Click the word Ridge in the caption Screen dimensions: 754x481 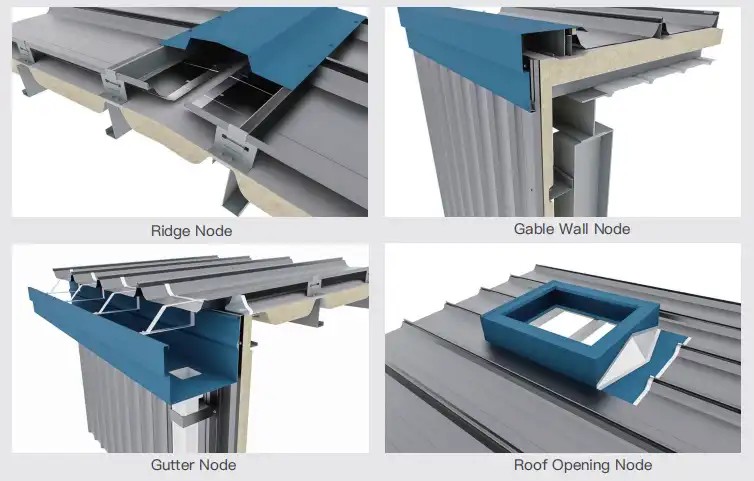click(x=170, y=231)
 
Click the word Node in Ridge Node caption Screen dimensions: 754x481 click(x=213, y=231)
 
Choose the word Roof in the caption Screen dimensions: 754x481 click(x=530, y=465)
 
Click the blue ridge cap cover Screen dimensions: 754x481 click(x=269, y=43)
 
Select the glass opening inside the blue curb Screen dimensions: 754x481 click(x=573, y=326)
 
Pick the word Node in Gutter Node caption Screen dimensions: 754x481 click(x=217, y=465)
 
